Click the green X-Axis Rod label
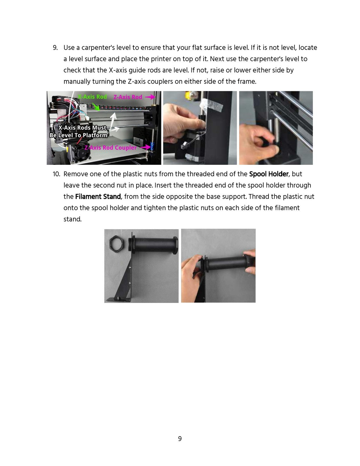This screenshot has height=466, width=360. coord(93,97)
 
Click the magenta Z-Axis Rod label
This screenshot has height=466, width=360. coord(128,97)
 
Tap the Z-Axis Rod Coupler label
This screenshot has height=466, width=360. coord(110,148)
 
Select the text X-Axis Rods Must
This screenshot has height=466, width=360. coord(82,128)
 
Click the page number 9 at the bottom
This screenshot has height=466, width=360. coord(180,439)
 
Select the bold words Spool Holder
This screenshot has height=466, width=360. coord(269,174)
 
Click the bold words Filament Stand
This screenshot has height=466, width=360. coord(98,197)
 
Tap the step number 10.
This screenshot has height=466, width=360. coord(56,174)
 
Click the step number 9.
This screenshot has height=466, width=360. coord(55,48)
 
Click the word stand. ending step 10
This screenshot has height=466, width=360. coord(73,219)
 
